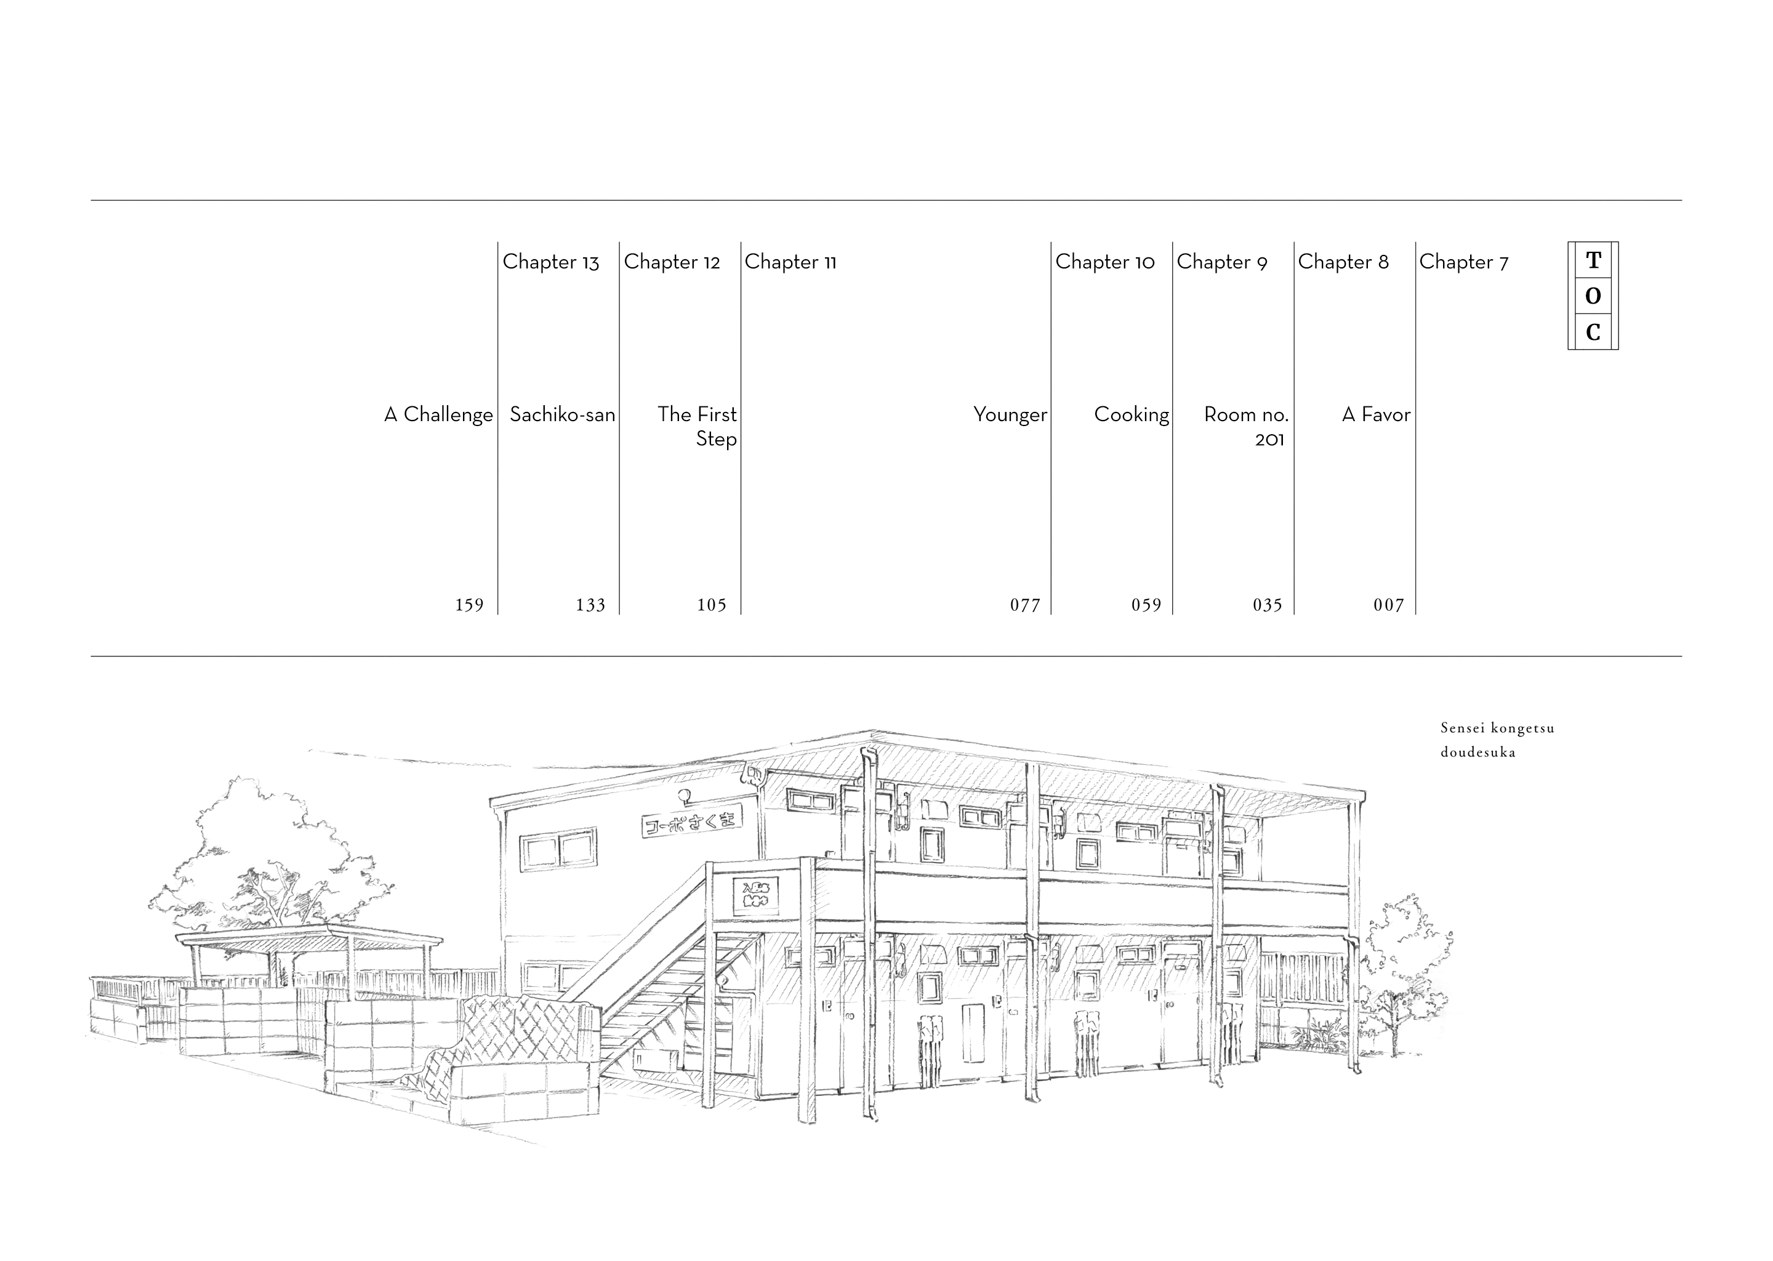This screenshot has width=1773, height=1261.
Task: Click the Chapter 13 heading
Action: pos(550,262)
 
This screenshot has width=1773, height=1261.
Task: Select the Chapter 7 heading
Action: pos(1463,262)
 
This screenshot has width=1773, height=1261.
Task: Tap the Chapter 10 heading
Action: pos(1104,262)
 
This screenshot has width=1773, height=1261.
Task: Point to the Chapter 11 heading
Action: pos(790,262)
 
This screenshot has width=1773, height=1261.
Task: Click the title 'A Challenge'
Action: pos(438,414)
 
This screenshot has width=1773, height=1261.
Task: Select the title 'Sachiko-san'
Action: pos(562,414)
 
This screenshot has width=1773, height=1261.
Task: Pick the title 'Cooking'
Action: pos(1131,414)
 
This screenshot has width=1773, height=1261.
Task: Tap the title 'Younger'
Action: pos(1010,414)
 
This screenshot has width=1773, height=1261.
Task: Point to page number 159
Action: pos(469,605)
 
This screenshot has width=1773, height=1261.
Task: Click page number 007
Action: pos(1389,605)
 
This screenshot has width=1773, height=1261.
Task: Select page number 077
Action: pos(1024,605)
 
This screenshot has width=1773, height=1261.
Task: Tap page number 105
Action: pos(711,605)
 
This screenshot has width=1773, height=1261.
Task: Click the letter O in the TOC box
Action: pos(1593,296)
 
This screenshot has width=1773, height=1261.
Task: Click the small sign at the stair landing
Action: pos(755,895)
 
